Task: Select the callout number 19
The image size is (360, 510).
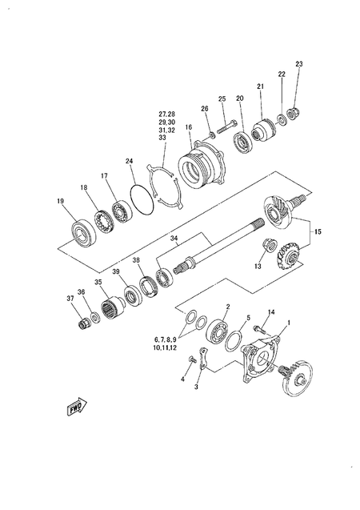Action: click(59, 201)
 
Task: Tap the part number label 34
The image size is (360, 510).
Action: click(174, 238)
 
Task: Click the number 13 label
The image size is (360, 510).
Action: click(258, 266)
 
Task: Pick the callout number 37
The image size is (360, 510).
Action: click(70, 299)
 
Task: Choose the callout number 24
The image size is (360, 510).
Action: click(129, 161)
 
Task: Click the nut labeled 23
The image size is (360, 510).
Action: click(295, 113)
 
